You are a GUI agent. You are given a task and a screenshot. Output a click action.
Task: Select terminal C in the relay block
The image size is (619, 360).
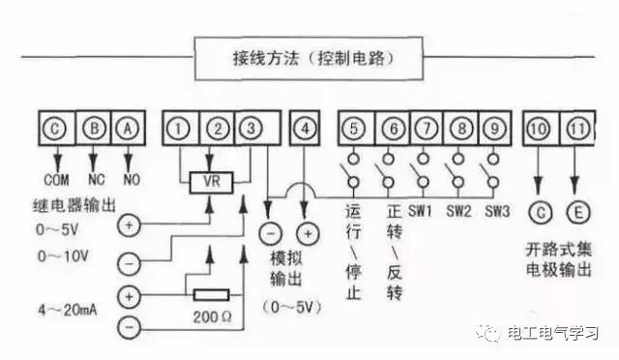click(x=56, y=128)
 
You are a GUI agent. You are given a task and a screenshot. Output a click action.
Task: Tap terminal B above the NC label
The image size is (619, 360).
click(x=93, y=128)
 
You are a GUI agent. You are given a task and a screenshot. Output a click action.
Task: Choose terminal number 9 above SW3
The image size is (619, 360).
click(x=493, y=128)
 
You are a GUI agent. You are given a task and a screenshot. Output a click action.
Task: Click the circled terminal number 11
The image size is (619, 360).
click(x=577, y=128)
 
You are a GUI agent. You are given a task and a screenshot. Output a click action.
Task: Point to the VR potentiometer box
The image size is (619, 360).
click(x=209, y=182)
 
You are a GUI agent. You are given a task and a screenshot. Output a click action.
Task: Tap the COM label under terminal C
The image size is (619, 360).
click(x=55, y=180)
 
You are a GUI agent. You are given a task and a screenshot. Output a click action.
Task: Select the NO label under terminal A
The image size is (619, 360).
click(x=129, y=180)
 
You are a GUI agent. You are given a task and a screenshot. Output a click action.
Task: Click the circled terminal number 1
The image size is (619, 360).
click(x=180, y=128)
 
